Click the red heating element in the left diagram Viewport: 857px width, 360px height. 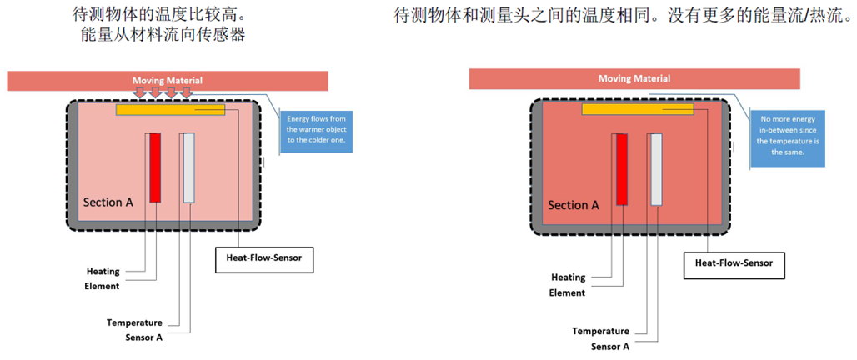click(155, 167)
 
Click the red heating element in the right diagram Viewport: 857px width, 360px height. click(621, 169)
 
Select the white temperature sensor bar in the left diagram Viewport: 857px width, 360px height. click(188, 167)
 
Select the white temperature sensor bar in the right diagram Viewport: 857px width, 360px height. click(656, 169)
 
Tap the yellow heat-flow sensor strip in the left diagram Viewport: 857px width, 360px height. click(170, 109)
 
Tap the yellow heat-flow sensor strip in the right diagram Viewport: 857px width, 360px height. click(638, 109)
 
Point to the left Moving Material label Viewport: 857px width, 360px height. click(167, 81)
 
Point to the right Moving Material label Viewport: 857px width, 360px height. click(634, 79)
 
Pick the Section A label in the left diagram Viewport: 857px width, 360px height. click(108, 202)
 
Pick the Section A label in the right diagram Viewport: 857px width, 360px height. click(573, 205)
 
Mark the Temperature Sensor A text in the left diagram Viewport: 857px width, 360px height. click(134, 329)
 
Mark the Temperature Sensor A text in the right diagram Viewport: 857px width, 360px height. click(600, 338)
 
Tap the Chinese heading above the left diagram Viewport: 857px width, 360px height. click(163, 24)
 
